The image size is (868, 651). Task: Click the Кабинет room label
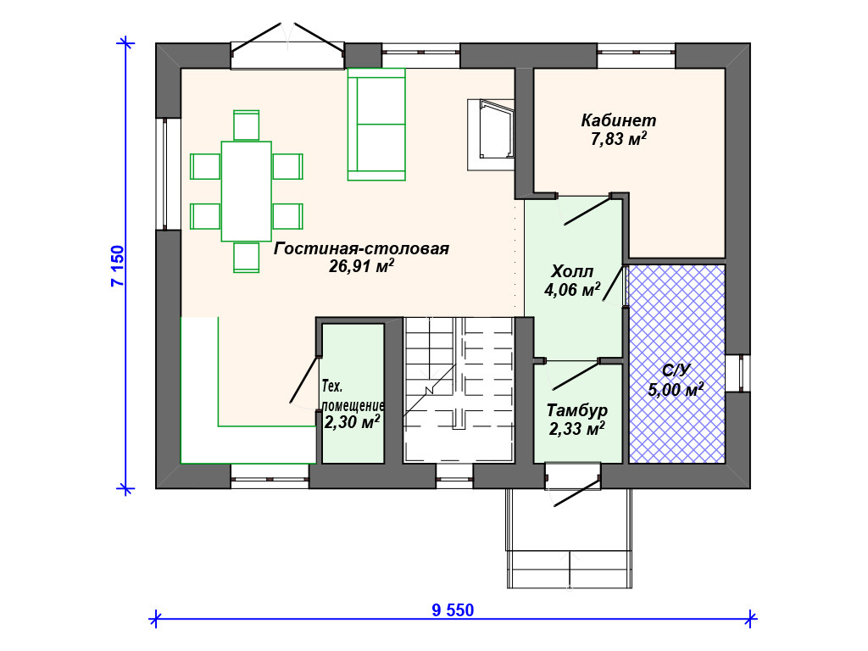[x=618, y=120]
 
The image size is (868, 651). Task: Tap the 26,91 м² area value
[x=361, y=267]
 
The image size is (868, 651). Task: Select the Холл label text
[x=572, y=271]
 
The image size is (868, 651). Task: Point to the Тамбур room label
[x=576, y=410]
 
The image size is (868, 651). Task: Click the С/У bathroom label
[x=676, y=370]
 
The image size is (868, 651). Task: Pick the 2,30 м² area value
[x=352, y=422]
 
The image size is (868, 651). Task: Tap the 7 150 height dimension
[x=118, y=266]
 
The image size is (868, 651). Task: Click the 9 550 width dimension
[x=453, y=610]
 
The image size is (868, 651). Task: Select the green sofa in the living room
[x=376, y=125]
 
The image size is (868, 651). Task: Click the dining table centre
[x=247, y=192]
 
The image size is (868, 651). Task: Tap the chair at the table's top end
[x=247, y=125]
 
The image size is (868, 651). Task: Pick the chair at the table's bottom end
[x=247, y=258]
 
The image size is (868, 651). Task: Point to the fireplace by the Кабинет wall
[x=491, y=135]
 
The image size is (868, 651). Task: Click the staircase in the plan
[x=459, y=390]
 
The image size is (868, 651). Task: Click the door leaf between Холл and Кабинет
[x=587, y=210]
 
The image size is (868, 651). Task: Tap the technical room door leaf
[x=304, y=380]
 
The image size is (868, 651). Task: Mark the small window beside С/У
[x=738, y=373]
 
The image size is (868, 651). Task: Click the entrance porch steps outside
[x=570, y=569]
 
